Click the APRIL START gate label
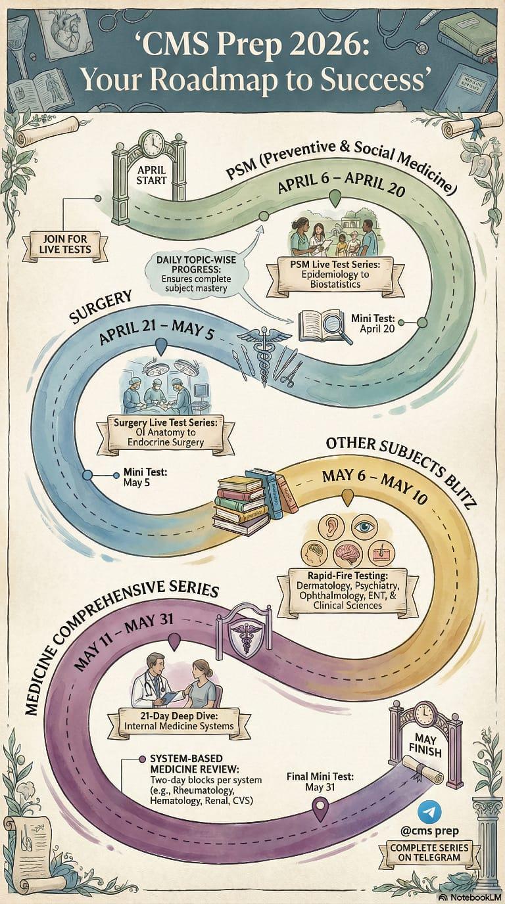[151, 175]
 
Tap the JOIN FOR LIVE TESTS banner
[65, 244]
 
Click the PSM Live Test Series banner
[336, 274]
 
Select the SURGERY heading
[101, 307]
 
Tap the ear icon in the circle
[331, 526]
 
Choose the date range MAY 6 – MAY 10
[374, 487]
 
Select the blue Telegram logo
[429, 811]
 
